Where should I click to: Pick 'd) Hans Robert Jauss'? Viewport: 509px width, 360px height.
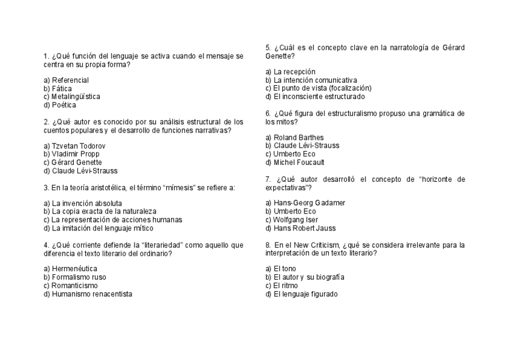tap(297, 228)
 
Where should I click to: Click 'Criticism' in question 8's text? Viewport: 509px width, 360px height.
tap(324, 245)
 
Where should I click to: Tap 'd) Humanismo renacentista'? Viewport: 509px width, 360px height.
tap(88, 294)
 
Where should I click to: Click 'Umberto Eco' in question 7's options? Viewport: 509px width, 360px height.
tap(291, 211)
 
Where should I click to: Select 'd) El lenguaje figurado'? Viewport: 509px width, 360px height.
tap(301, 294)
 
